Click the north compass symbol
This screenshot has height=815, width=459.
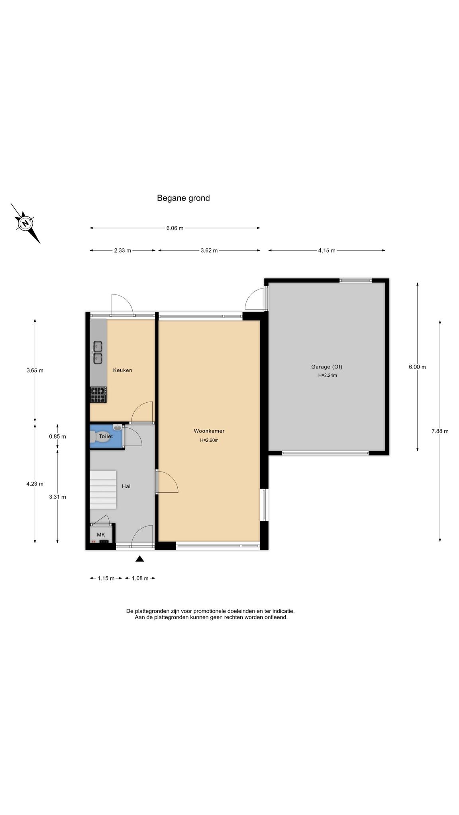[25, 223]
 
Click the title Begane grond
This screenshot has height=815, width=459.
[183, 198]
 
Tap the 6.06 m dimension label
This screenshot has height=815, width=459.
[175, 228]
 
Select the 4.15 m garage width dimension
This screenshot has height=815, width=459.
[327, 250]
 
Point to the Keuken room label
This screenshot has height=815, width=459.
[122, 370]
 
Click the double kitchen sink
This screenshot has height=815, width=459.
[98, 353]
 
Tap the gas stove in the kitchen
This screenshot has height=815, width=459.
[98, 395]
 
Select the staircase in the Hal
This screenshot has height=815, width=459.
[103, 489]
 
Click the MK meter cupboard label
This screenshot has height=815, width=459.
[101, 534]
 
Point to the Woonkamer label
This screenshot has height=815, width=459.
[209, 431]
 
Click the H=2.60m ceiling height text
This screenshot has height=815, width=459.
[209, 440]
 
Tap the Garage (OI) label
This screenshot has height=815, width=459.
[327, 367]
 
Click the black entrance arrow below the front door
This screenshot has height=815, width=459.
[139, 559]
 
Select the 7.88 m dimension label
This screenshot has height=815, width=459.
[440, 431]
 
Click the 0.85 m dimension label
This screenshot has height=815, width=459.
[57, 437]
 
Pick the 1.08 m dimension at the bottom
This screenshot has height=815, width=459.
[140, 578]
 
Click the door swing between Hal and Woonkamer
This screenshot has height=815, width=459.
[167, 482]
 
